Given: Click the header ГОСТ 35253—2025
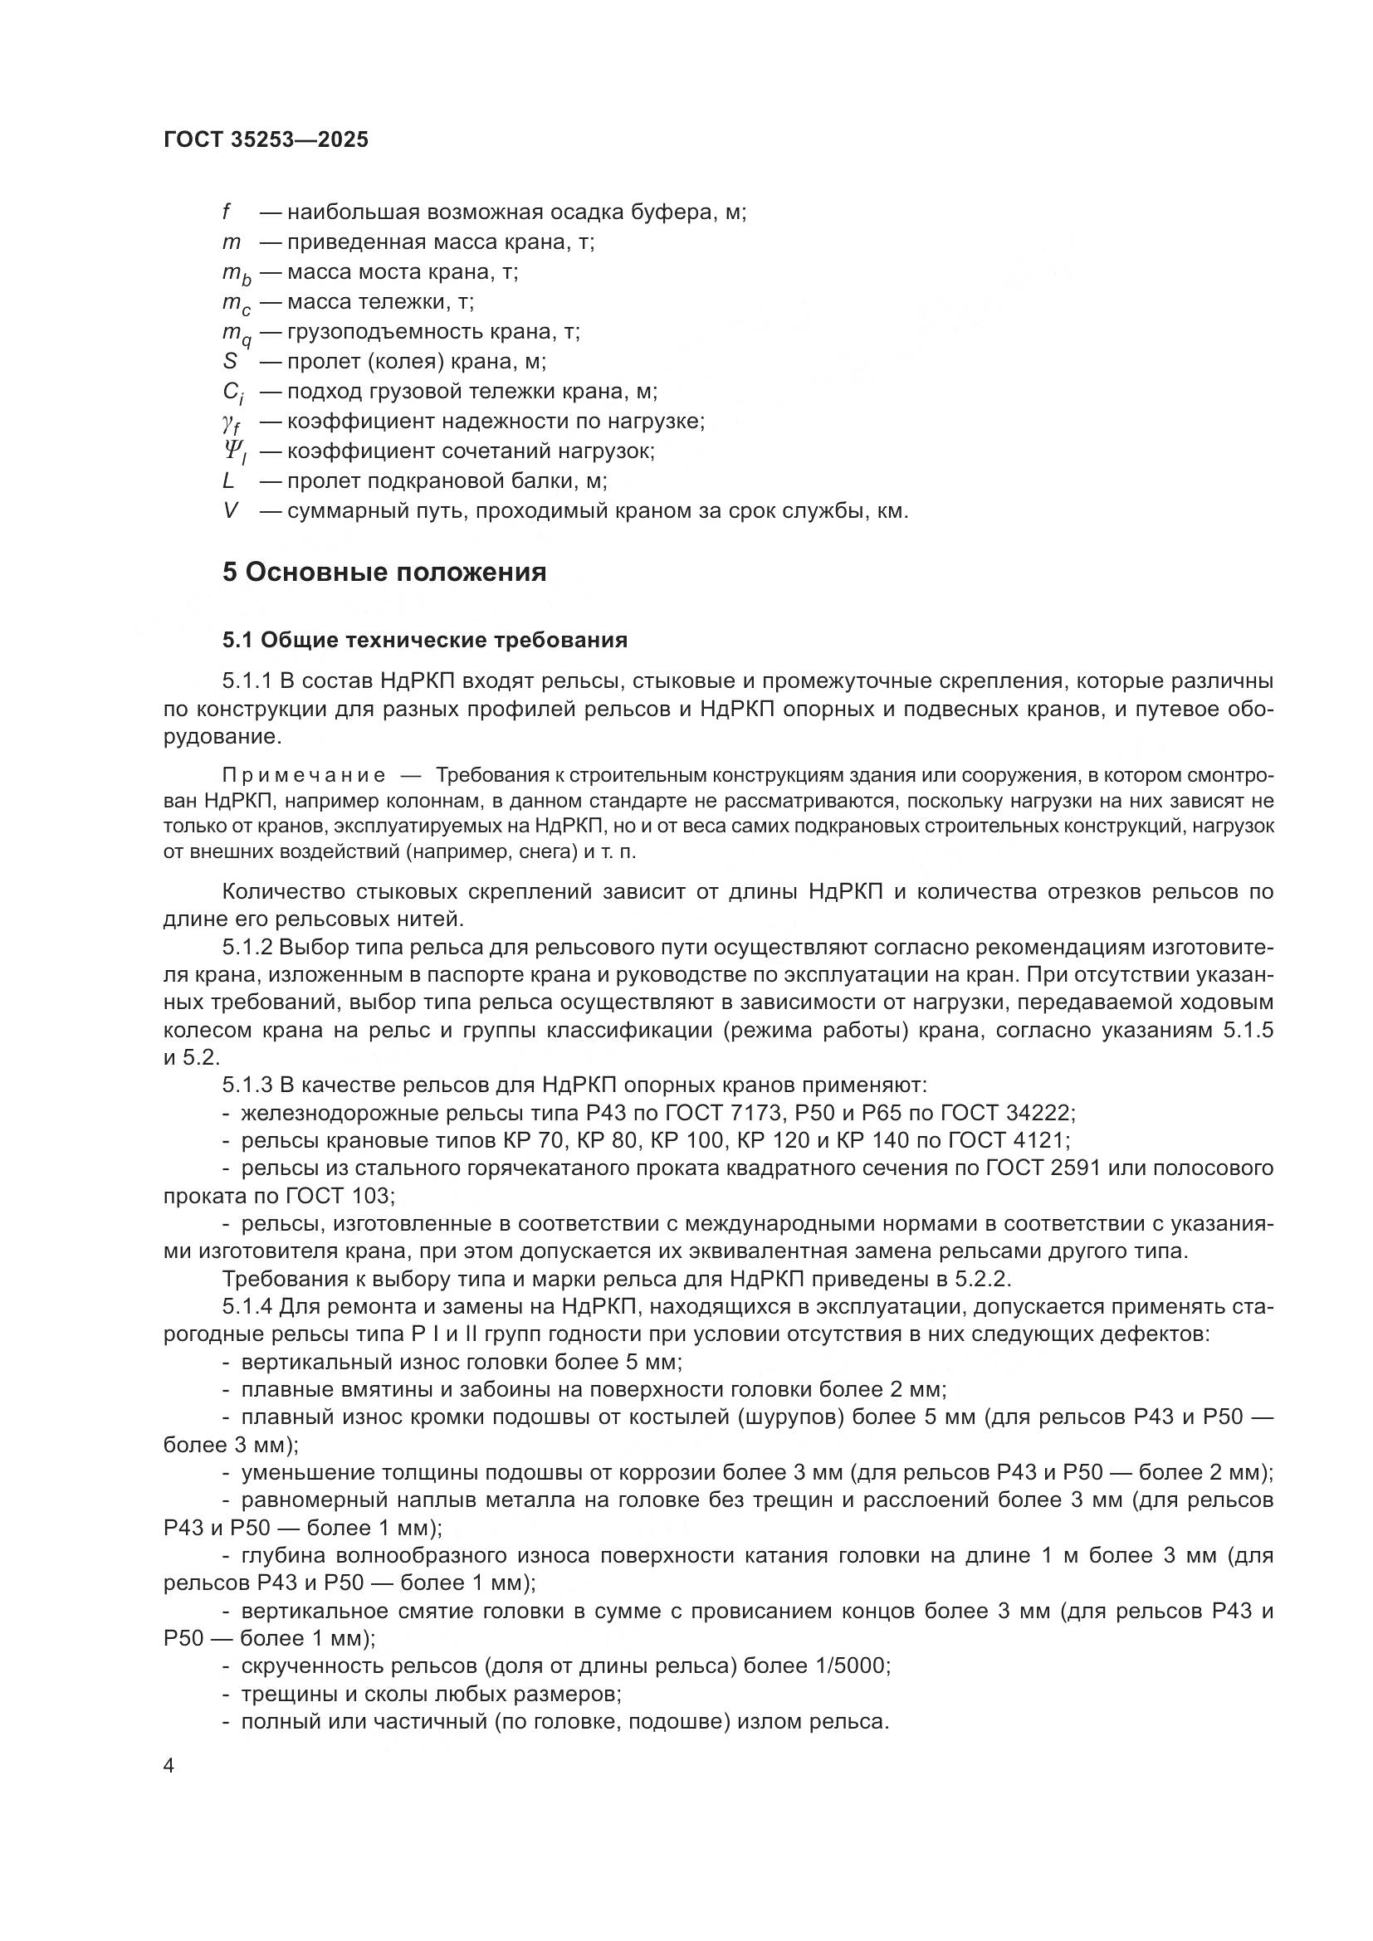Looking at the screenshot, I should [x=266, y=140].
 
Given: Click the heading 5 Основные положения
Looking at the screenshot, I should [x=384, y=573].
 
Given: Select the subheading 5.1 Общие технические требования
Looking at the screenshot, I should [x=424, y=640].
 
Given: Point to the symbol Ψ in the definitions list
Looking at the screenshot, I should [x=232, y=451].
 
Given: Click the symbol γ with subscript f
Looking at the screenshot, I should [x=230, y=422].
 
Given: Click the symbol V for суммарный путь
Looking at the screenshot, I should [x=230, y=510].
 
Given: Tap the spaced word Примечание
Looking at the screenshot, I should [x=304, y=775].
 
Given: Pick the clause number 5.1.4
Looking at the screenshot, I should [x=247, y=1307].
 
